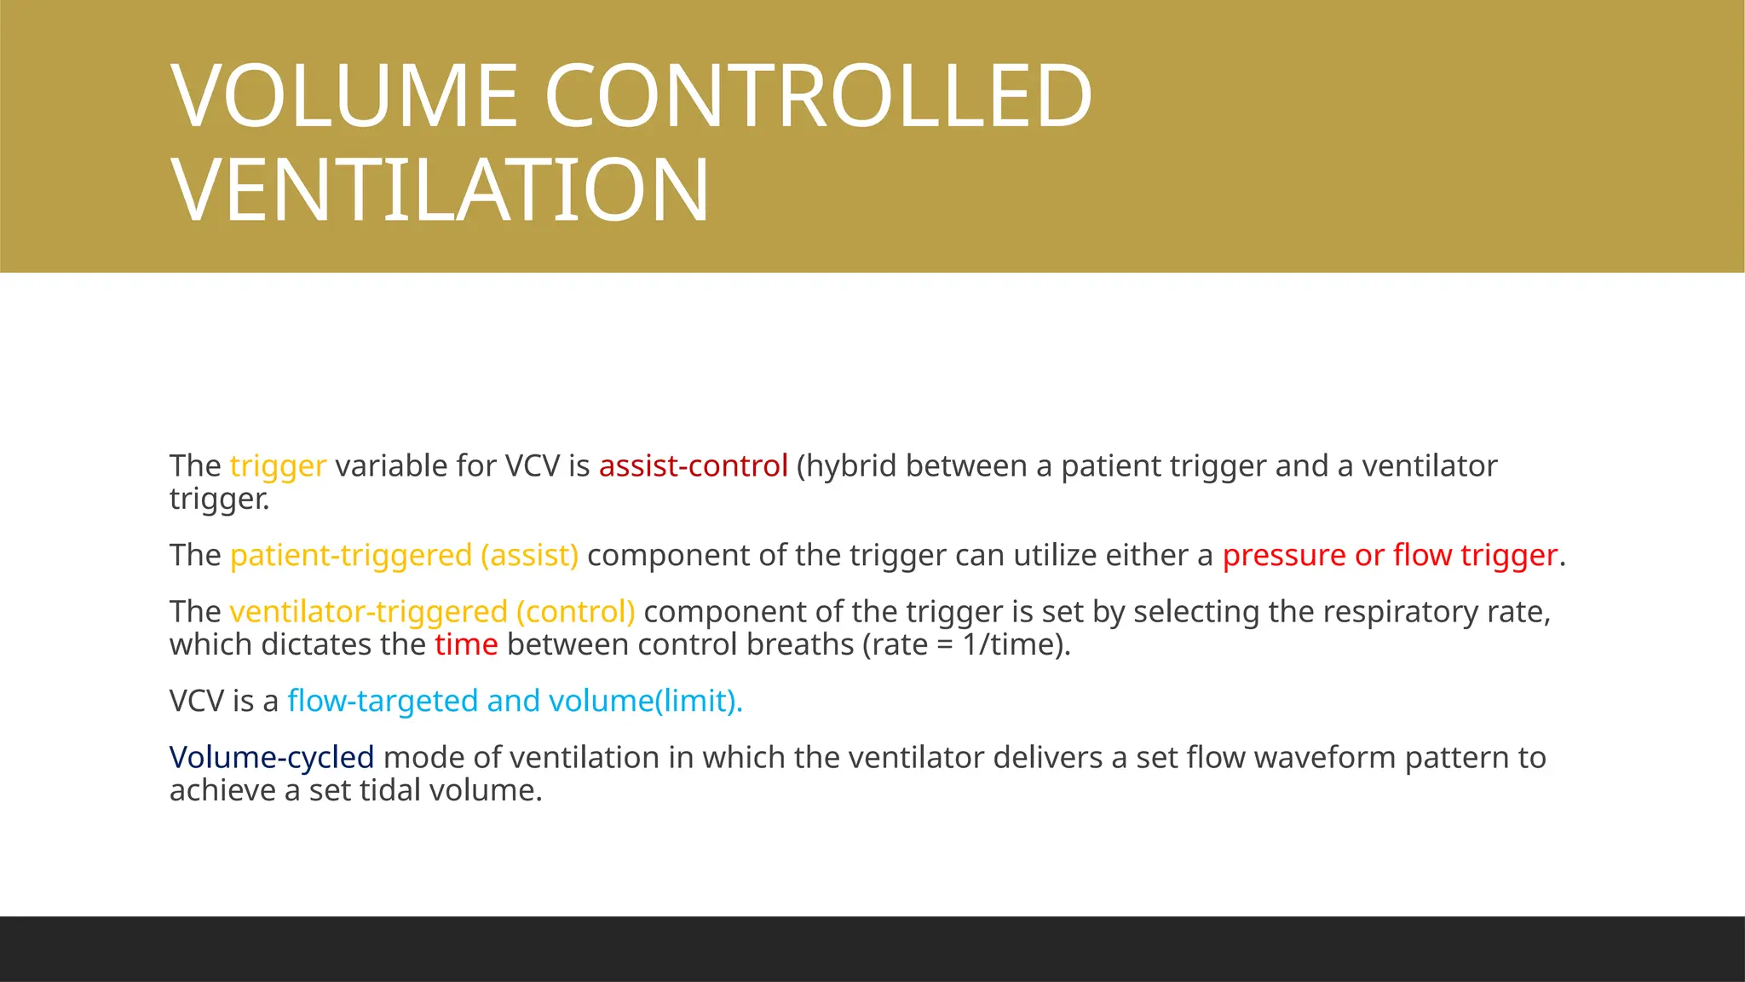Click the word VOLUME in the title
[344, 96]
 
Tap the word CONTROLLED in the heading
[818, 96]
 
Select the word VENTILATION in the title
[440, 190]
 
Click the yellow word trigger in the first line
[278, 466]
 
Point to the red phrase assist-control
[693, 466]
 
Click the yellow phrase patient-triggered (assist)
[404, 556]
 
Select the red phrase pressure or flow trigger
[1390, 556]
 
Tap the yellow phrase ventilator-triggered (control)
[432, 612]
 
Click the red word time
[466, 644]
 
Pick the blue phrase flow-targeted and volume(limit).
[515, 701]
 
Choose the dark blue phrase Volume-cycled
[272, 758]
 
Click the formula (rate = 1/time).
[966, 644]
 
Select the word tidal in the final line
[389, 790]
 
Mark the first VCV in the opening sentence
[533, 466]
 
